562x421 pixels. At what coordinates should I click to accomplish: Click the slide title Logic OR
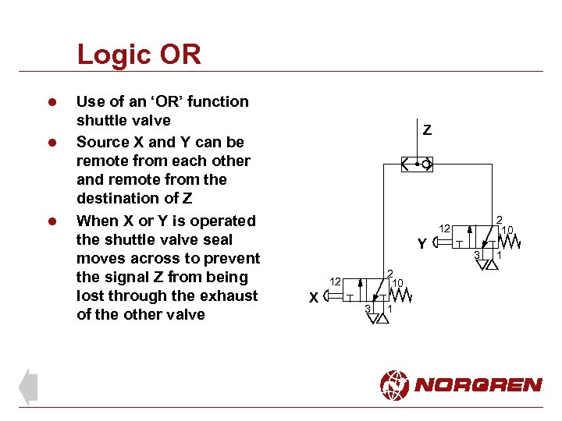[139, 55]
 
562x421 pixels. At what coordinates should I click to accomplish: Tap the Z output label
[427, 130]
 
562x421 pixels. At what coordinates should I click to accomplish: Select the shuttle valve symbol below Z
[416, 165]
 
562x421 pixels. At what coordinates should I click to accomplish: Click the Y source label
[421, 244]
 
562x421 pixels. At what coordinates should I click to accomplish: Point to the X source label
[313, 297]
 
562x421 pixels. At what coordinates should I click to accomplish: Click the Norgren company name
[478, 384]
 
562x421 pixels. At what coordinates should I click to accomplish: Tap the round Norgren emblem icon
[394, 384]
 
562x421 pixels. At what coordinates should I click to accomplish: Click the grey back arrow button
[28, 387]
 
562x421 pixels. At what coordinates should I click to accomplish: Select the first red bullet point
[52, 102]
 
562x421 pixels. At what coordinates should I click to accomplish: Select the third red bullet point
[52, 221]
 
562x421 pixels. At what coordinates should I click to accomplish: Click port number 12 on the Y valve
[443, 228]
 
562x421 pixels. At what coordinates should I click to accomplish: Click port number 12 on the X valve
[334, 281]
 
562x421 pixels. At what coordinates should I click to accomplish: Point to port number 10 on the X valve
[397, 282]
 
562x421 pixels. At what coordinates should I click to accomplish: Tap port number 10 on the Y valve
[507, 230]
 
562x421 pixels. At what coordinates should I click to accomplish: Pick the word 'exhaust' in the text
[229, 295]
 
